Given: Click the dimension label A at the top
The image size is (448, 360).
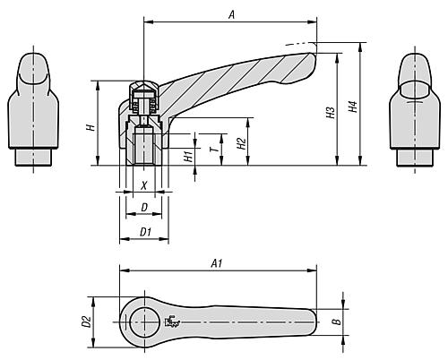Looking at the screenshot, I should point(231,13).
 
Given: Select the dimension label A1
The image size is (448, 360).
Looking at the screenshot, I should point(216,264).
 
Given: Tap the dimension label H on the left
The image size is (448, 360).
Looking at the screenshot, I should point(90,128).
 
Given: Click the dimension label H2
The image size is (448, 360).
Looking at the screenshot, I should point(241,143).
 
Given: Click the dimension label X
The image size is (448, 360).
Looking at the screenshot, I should point(143,186).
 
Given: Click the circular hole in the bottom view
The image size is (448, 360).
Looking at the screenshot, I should point(142,320).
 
